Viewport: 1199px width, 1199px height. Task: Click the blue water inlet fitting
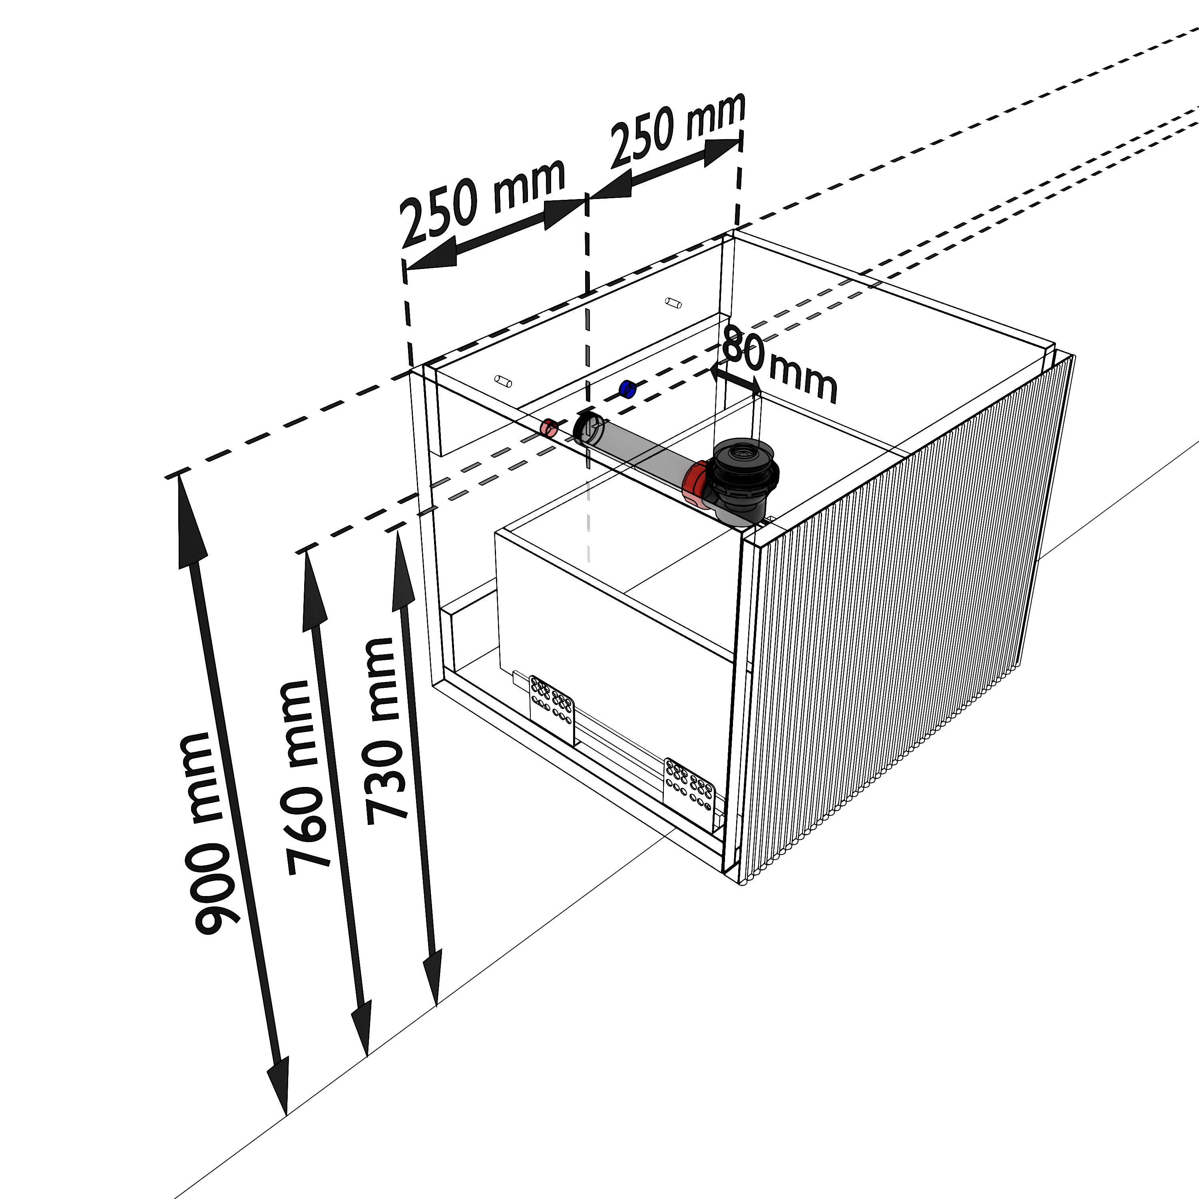coord(627,390)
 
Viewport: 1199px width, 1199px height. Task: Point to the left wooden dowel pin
coord(503,381)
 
